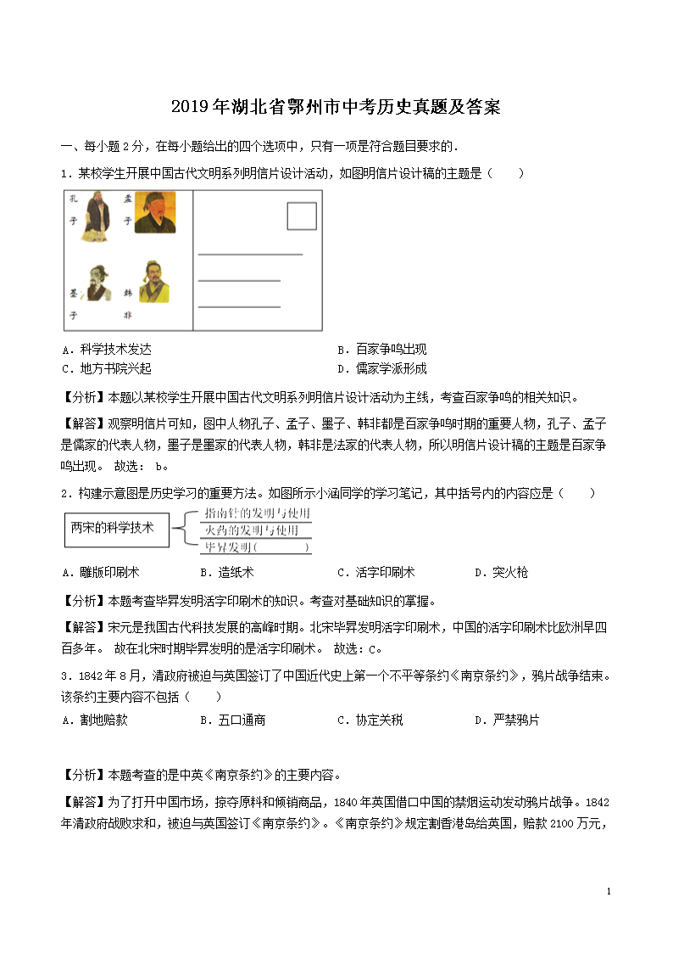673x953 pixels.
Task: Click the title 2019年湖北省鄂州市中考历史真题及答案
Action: tap(336, 107)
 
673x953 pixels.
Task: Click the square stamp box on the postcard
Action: tap(301, 216)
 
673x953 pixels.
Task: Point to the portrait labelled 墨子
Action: tap(97, 281)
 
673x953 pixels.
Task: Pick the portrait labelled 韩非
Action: tap(153, 282)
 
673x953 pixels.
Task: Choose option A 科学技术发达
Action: tap(107, 350)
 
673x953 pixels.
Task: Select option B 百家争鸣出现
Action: tap(381, 350)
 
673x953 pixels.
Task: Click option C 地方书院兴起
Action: tap(107, 368)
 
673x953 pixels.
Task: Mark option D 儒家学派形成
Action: tap(381, 368)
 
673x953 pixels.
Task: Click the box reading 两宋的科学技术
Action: tap(116, 529)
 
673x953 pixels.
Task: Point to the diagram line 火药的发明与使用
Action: tap(253, 530)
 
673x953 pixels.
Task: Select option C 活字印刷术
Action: tap(375, 572)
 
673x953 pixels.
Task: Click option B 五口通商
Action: tap(232, 720)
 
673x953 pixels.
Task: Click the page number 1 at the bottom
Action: tap(609, 891)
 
